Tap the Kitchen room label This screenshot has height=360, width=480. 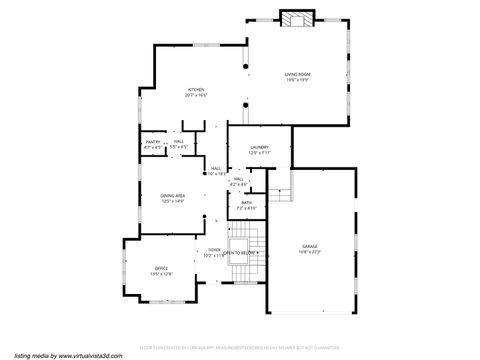click(196, 90)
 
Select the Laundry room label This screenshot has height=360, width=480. click(259, 147)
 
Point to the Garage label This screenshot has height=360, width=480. click(310, 246)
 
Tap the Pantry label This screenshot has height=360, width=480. click(153, 143)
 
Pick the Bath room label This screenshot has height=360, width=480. click(247, 203)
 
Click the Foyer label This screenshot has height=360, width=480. click(214, 250)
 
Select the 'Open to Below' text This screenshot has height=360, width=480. click(240, 254)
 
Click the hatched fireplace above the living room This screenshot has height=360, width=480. click(296, 20)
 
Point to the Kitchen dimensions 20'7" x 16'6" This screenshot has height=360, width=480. click(196, 96)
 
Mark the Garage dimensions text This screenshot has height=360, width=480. click(310, 252)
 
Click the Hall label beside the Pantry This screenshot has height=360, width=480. click(178, 143)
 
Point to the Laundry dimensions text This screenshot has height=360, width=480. click(259, 153)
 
